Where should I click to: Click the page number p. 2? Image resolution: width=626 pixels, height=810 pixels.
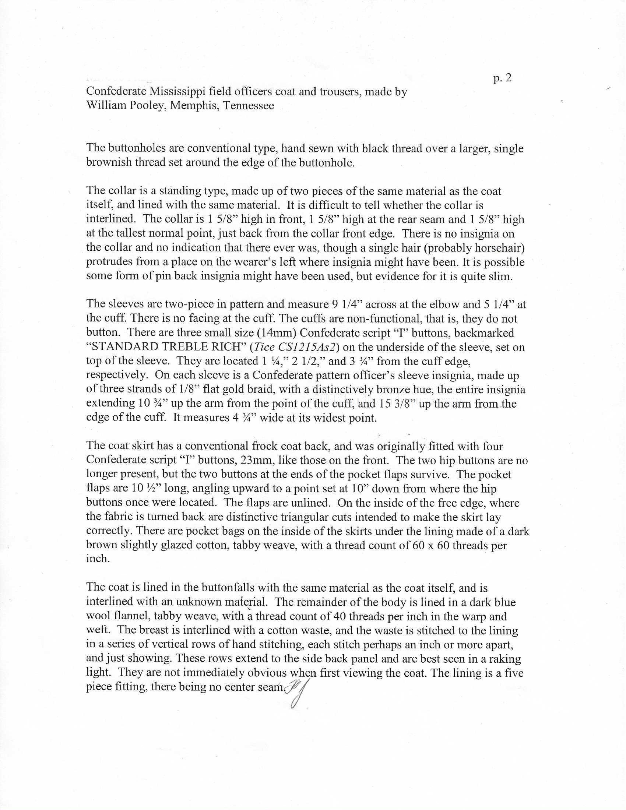502,78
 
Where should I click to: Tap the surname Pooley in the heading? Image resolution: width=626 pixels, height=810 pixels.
147,106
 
